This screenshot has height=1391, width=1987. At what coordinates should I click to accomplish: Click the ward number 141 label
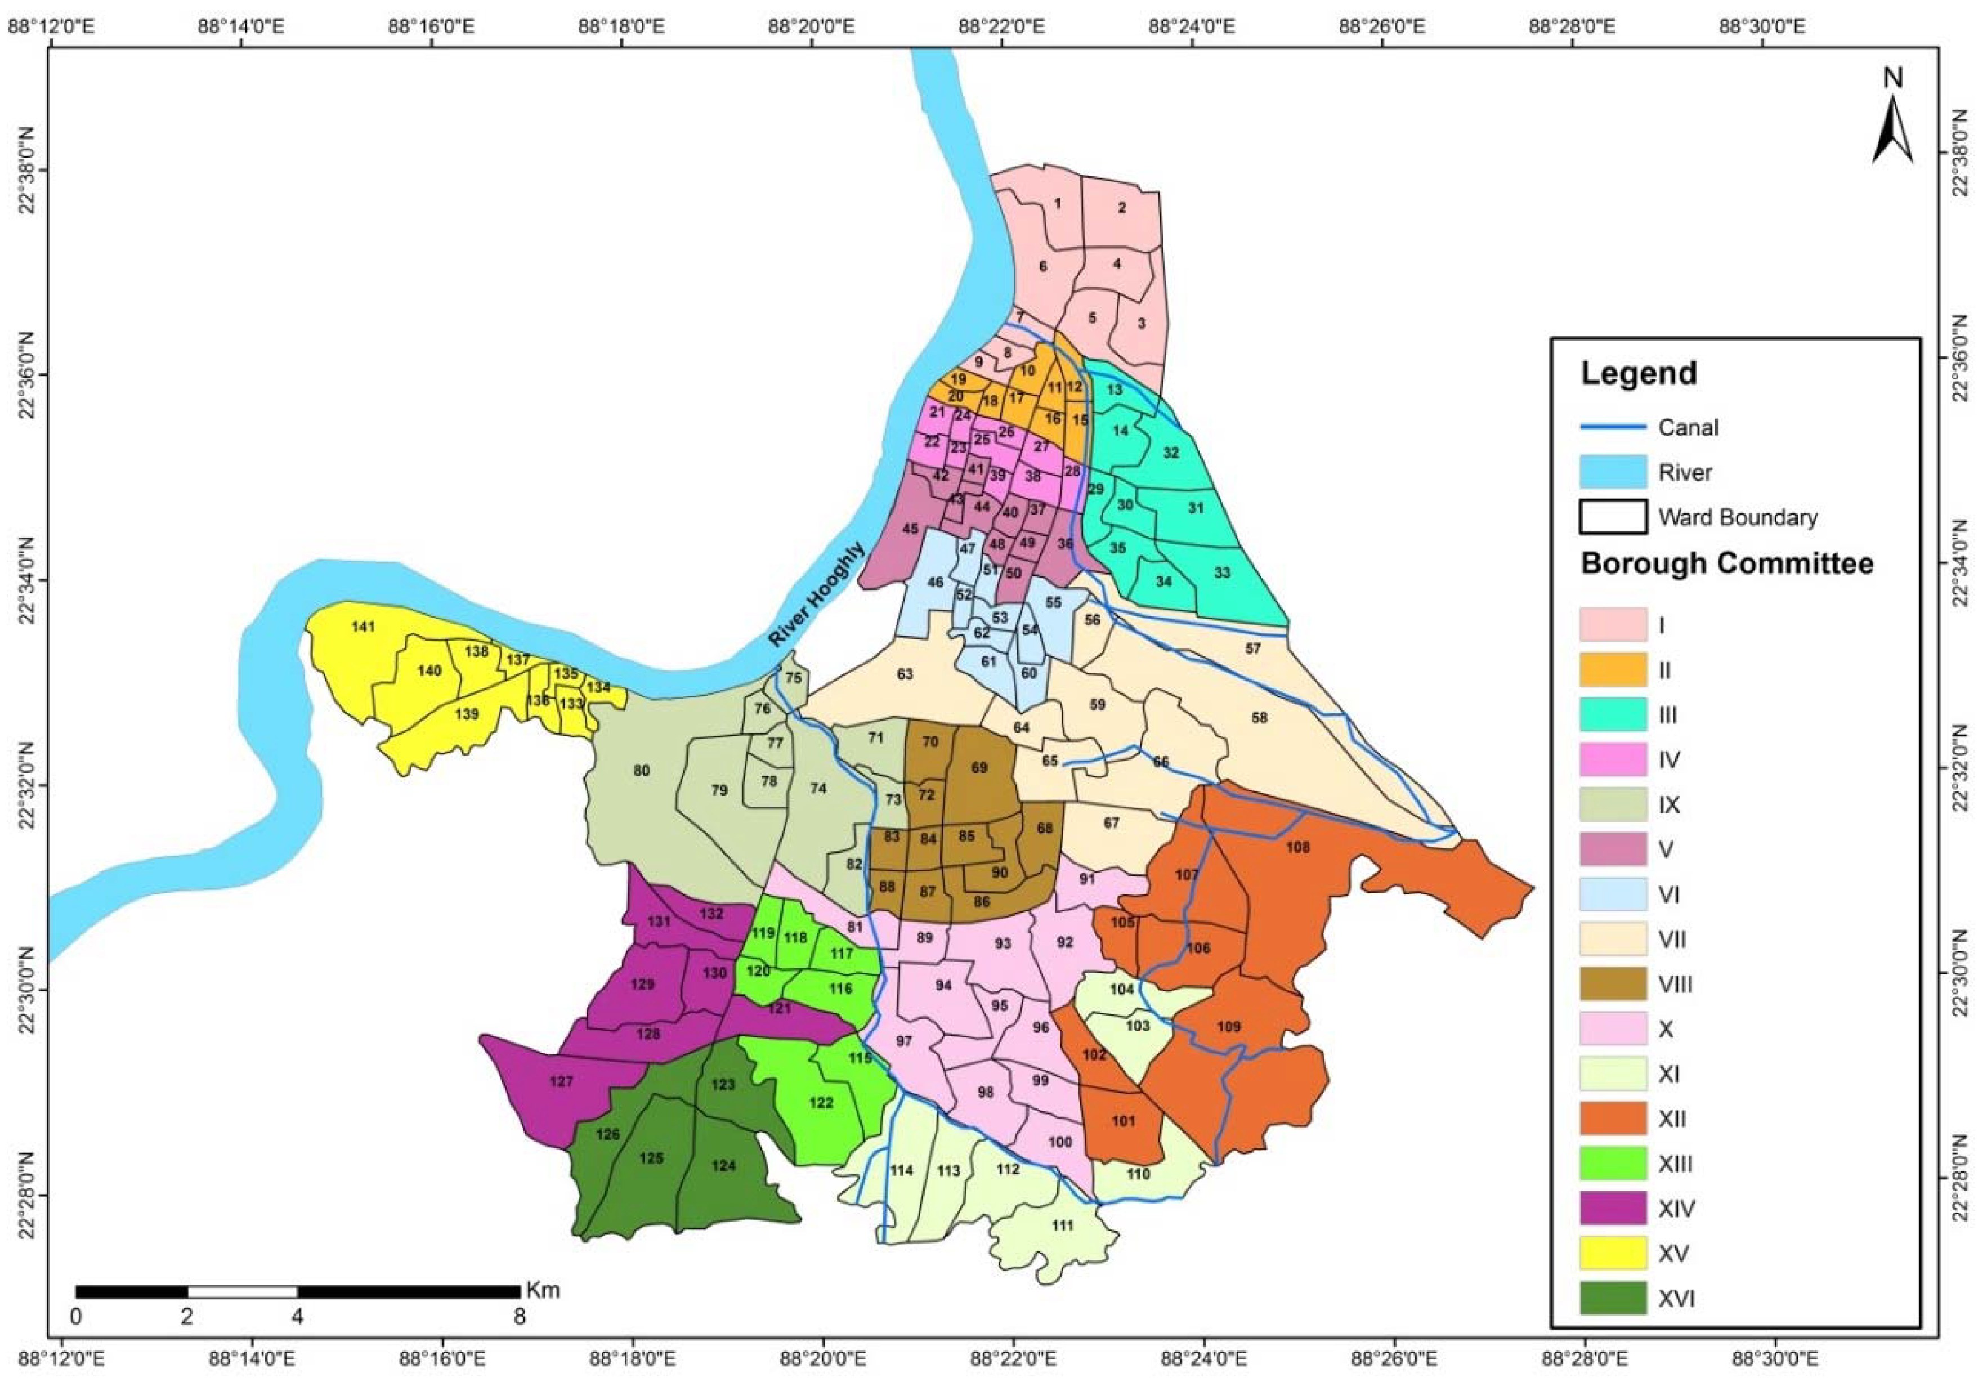point(364,627)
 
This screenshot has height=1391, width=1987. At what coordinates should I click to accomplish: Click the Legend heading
point(1638,374)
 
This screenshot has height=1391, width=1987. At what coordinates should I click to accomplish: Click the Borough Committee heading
point(1726,563)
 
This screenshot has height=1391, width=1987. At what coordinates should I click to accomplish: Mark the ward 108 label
point(1298,847)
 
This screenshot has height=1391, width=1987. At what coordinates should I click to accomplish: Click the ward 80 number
point(641,771)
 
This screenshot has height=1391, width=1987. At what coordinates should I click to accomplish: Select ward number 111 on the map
point(1062,1225)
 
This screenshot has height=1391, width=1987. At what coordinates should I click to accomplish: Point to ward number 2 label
point(1122,208)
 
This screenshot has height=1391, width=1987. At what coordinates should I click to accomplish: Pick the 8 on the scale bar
point(519,1317)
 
